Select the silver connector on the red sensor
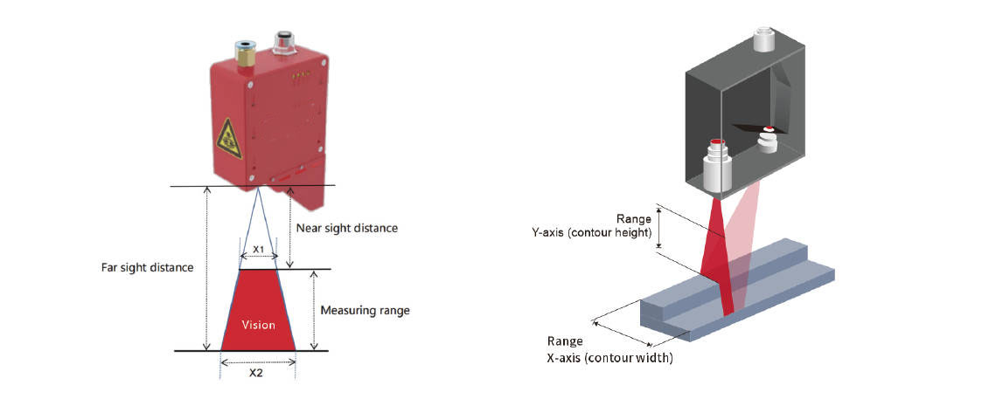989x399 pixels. tap(282, 42)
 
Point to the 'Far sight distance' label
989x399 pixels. tap(147, 267)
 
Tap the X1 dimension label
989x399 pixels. tap(258, 249)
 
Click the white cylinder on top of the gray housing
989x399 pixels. tap(764, 39)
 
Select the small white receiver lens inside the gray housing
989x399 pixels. tap(768, 140)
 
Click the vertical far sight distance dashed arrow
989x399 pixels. tap(206, 267)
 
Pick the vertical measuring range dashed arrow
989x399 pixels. tap(312, 310)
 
